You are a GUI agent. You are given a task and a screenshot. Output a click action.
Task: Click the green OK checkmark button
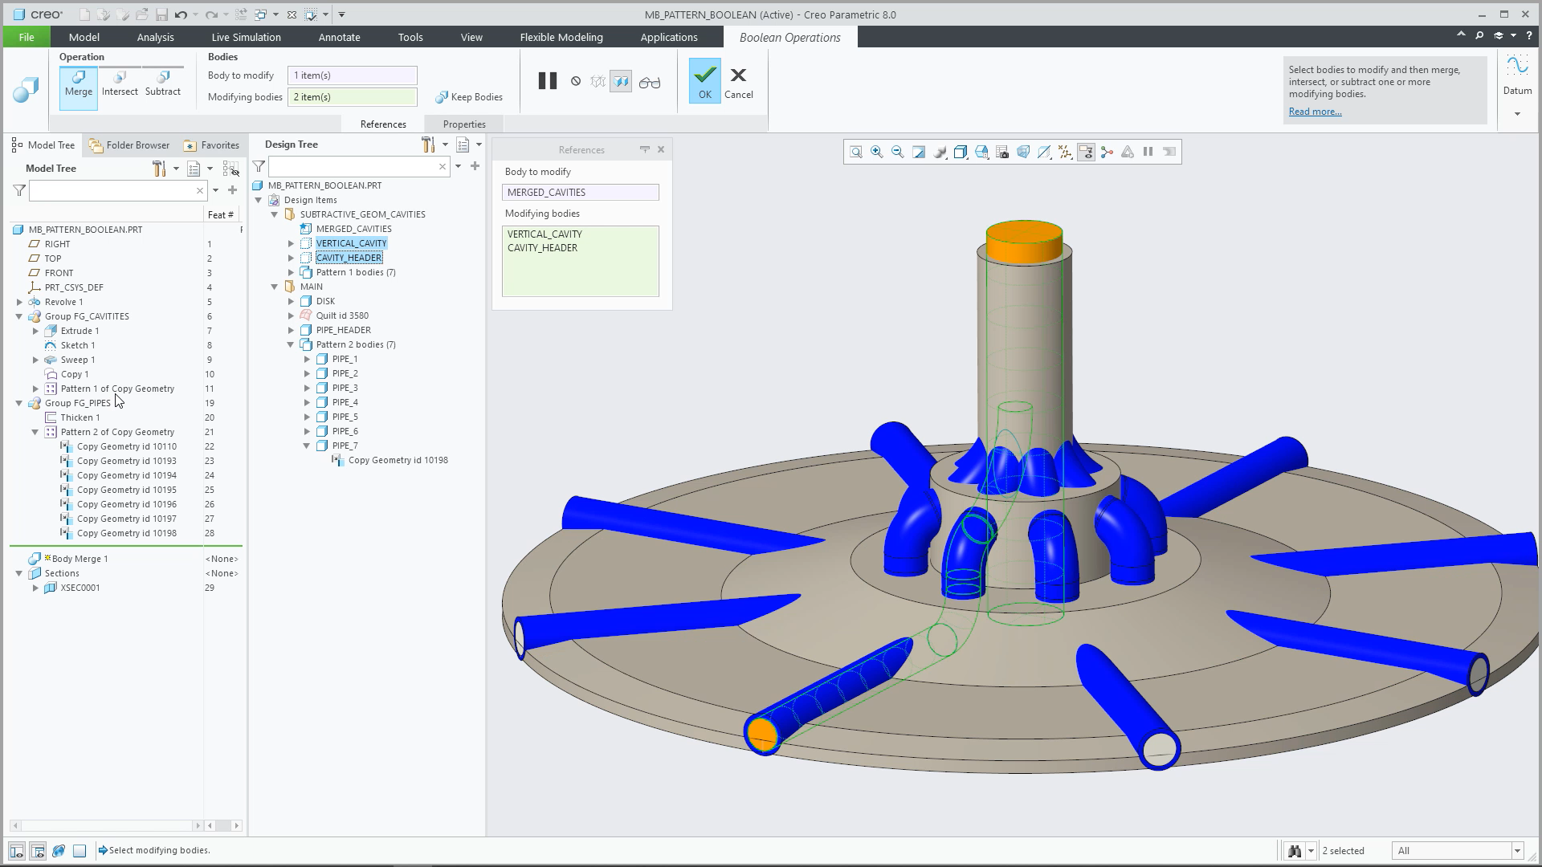pos(704,80)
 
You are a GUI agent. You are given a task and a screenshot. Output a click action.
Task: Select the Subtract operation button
pos(163,83)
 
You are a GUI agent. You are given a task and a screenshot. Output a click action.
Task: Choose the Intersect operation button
pos(120,83)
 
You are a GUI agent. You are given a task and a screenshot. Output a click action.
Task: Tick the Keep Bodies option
pos(469,97)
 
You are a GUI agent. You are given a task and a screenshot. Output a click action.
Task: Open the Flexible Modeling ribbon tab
pos(561,37)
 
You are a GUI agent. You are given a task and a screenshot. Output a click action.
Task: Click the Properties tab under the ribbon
pos(464,124)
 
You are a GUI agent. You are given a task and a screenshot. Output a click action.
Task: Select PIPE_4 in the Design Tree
pos(345,402)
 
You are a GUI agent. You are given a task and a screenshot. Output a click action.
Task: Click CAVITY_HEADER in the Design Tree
pos(349,258)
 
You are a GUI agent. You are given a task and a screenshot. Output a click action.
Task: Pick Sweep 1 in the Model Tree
pos(78,360)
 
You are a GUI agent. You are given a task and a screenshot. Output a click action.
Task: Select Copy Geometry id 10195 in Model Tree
pos(127,490)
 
